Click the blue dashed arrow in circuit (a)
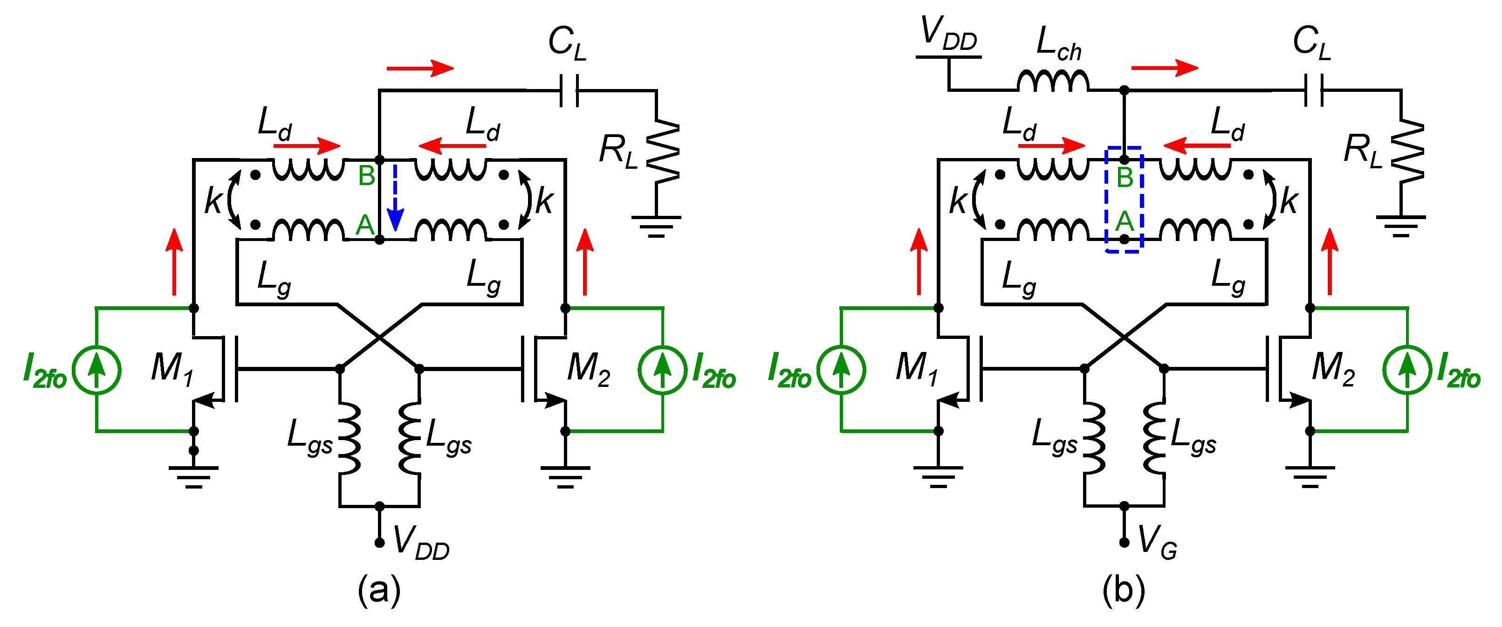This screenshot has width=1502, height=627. click(395, 198)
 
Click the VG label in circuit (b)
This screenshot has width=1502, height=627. click(1158, 543)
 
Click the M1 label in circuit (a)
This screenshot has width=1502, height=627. click(171, 369)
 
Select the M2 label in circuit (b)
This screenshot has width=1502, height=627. click(1333, 369)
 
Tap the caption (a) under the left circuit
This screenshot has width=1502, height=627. click(379, 590)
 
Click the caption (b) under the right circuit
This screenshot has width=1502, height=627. click(1124, 590)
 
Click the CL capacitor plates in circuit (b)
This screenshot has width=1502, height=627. click(1314, 90)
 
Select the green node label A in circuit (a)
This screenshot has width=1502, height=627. click(365, 225)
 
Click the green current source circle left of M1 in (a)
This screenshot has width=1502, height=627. click(96, 370)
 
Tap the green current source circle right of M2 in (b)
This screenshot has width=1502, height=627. click(1407, 370)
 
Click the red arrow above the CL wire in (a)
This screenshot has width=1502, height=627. click(420, 68)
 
